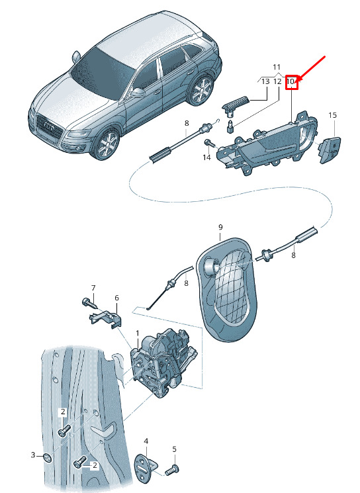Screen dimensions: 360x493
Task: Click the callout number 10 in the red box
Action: (291, 82)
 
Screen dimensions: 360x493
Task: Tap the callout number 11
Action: (277, 67)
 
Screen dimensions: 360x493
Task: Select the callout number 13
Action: (265, 82)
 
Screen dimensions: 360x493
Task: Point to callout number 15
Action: (332, 115)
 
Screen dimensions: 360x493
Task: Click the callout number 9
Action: (220, 227)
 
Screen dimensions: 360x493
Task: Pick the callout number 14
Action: (206, 157)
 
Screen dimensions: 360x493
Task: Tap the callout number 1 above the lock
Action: (138, 333)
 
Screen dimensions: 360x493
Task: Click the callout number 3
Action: (33, 455)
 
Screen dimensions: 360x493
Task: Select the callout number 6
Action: (116, 298)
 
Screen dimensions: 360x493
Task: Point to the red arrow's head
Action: (298, 80)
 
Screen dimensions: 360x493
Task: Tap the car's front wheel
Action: (108, 144)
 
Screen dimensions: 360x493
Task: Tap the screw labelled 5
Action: (172, 471)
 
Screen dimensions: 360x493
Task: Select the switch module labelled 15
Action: (330, 150)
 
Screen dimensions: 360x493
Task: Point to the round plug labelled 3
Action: (48, 458)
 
